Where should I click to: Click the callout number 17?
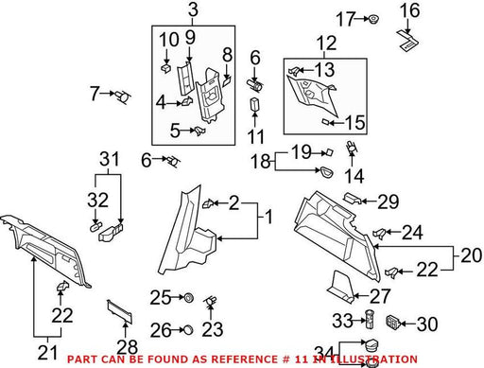tap(345, 19)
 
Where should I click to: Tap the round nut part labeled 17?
tap(373, 19)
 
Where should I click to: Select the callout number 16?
tap(409, 10)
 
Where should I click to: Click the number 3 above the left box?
tap(193, 9)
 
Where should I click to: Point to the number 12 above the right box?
tap(326, 44)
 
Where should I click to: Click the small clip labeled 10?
tap(165, 68)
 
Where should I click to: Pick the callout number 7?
tap(95, 94)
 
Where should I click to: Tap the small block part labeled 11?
tap(254, 104)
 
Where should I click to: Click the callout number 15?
tap(355, 122)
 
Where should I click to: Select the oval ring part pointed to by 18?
tap(326, 172)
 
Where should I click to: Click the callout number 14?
tap(354, 176)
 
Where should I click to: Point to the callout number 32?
tap(97, 200)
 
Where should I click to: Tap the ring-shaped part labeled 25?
tap(189, 297)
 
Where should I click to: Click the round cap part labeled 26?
tap(188, 330)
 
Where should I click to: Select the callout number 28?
tap(128, 347)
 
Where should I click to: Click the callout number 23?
tap(213, 329)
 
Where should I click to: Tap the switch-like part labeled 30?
tap(393, 322)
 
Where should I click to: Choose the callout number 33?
tap(342, 321)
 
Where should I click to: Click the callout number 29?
tap(389, 202)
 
